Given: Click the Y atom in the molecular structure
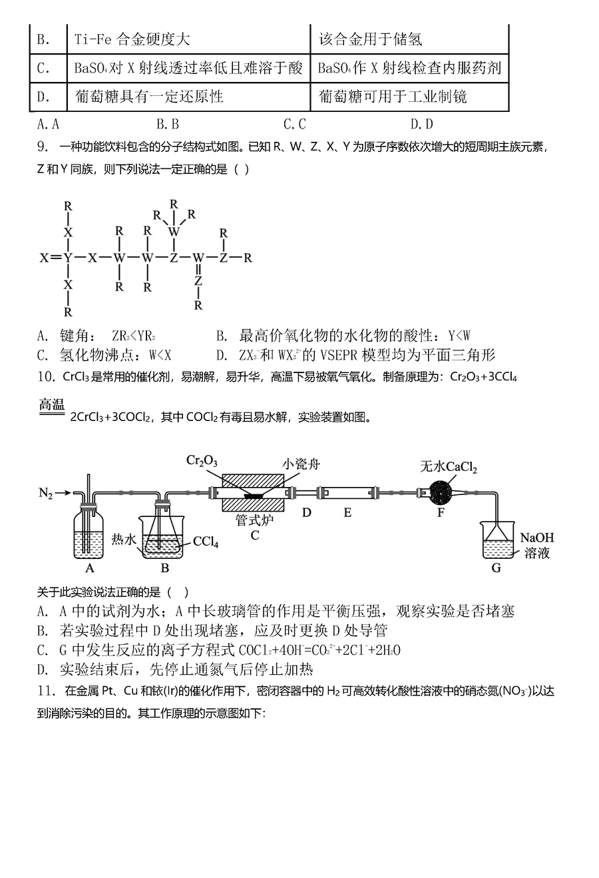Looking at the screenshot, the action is tap(68, 258).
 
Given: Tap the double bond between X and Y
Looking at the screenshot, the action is tap(57, 258).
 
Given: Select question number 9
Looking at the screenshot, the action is tap(43, 147).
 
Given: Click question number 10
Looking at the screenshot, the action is tap(46, 376).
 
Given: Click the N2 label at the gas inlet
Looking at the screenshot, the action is tap(45, 493).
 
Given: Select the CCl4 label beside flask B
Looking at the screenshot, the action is tap(206, 542).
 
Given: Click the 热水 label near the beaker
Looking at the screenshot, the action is tap(124, 540).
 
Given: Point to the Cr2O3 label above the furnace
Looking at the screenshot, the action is tap(202, 460).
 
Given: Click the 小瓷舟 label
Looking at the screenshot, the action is tap(301, 464).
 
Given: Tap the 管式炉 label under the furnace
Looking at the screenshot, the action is tap(254, 520).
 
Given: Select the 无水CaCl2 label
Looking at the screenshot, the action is tap(449, 467).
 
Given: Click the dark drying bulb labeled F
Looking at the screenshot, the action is tap(441, 493).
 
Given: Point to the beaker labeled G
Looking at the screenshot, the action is tap(497, 540).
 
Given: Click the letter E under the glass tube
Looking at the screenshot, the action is tap(347, 512).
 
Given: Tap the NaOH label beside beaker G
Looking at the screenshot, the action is tap(536, 538).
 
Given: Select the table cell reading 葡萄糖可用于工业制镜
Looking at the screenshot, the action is tap(393, 97).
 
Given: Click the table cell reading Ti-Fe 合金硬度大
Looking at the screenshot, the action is tap(132, 39).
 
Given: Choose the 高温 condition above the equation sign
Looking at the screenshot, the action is tap(52, 404).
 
